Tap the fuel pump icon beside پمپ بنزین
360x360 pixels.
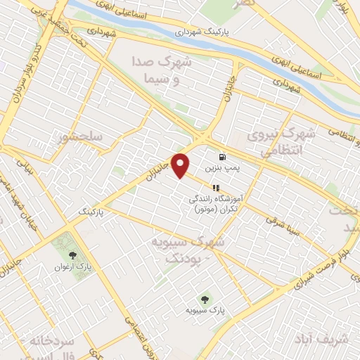click(222, 157)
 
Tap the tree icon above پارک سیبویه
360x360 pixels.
click(205, 298)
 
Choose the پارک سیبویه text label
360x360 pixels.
click(204, 310)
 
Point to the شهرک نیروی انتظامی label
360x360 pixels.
click(278, 140)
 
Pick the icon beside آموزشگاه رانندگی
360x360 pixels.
click(217, 188)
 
